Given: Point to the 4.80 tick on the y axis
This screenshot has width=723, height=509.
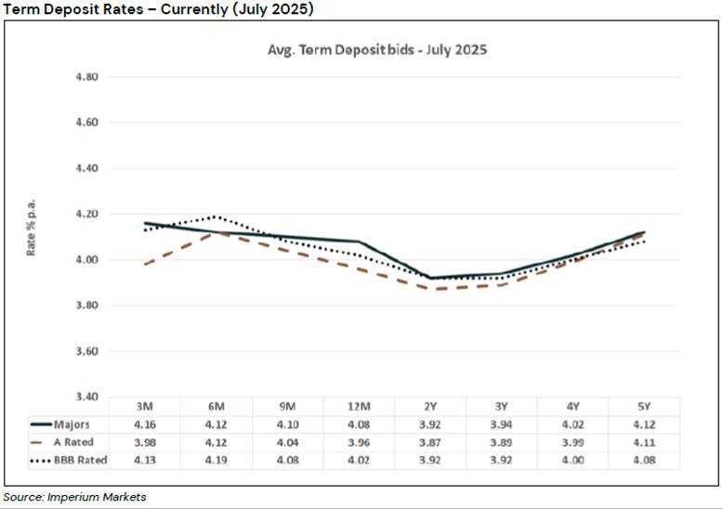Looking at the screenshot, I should pos(86,77).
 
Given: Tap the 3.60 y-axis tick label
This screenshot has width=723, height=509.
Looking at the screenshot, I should pos(86,351).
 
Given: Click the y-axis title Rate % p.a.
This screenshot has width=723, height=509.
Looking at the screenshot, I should pos(32,228).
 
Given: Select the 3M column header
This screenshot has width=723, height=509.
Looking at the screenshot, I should pos(145,407).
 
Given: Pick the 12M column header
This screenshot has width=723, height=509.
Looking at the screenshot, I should pos(360,407).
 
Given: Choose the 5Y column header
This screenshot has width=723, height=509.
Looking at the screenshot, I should pos(645,407).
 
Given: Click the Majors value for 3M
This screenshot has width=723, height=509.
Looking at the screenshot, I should pos(145,424).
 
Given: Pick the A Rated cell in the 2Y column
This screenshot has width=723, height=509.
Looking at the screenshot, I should pos(431,442).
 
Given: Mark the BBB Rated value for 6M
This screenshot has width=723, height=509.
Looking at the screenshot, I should pos(217,459).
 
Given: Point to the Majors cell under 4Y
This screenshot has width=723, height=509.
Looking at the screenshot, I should pos(573,424).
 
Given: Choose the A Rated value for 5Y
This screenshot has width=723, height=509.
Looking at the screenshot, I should pos(645,442).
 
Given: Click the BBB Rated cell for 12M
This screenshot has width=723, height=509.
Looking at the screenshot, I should pos(360,459).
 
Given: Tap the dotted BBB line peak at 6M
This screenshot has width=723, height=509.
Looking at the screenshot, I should pos(217,216).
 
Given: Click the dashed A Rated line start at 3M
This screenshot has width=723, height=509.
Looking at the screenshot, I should pos(145,265).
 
